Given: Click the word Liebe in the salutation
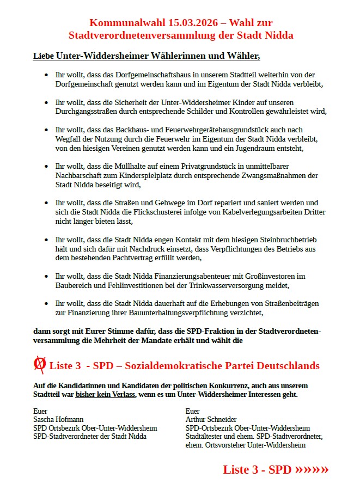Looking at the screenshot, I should point(44,56).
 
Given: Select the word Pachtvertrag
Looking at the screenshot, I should point(154,258).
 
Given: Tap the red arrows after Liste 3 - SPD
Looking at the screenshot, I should point(312,469).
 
